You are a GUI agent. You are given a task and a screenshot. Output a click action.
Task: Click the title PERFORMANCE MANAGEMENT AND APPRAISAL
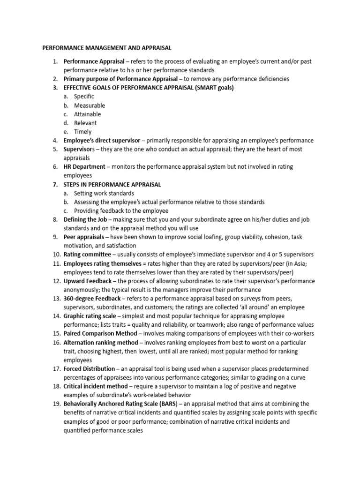click(x=107, y=47)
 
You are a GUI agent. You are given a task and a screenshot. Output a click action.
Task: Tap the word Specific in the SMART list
click(x=84, y=97)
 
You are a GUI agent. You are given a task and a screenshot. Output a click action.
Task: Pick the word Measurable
click(x=90, y=105)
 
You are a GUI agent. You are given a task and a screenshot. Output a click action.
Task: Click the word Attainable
click(x=87, y=114)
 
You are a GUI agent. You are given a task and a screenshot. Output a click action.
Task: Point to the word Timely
click(x=83, y=132)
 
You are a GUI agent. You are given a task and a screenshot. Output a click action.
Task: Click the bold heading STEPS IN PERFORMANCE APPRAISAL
click(x=112, y=185)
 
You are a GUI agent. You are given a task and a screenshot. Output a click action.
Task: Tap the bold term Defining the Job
click(x=86, y=220)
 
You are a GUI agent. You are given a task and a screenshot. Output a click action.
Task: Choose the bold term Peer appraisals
click(x=84, y=237)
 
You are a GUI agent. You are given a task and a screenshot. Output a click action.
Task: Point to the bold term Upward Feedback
click(x=88, y=281)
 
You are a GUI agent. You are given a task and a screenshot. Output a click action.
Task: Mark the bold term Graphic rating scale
click(x=90, y=316)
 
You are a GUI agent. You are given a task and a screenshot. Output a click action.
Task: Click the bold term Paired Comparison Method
click(x=100, y=334)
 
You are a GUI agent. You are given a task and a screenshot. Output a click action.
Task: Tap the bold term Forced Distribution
click(x=89, y=369)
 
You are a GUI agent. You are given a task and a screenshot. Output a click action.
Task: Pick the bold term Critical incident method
click(x=95, y=386)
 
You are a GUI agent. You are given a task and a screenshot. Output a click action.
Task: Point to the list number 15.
click(x=56, y=334)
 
